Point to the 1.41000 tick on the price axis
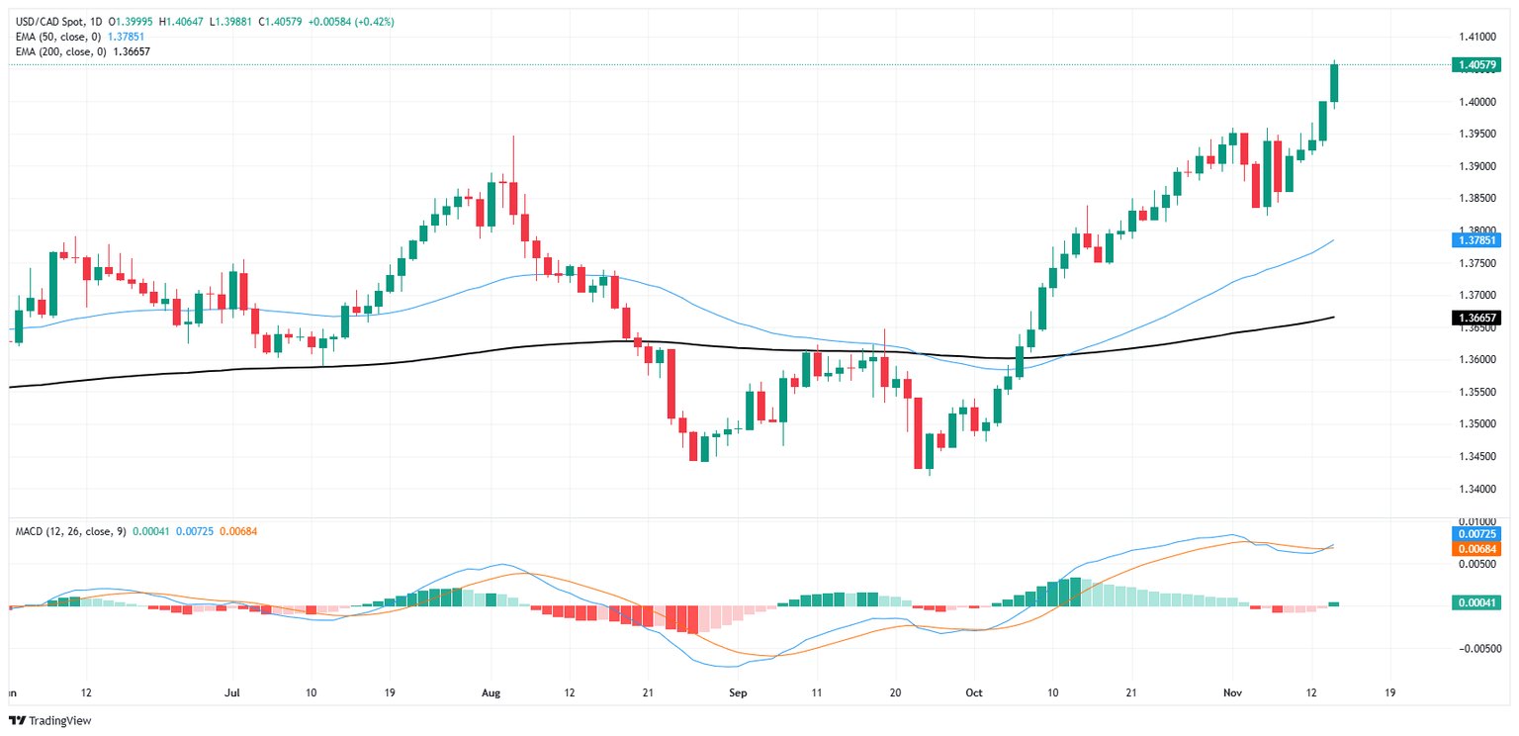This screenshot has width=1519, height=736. click(1473, 37)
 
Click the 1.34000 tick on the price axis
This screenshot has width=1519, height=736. click(1473, 489)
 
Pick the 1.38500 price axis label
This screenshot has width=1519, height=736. click(1473, 198)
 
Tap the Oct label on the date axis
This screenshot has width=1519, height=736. click(974, 693)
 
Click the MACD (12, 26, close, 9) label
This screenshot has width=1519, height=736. click(70, 532)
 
